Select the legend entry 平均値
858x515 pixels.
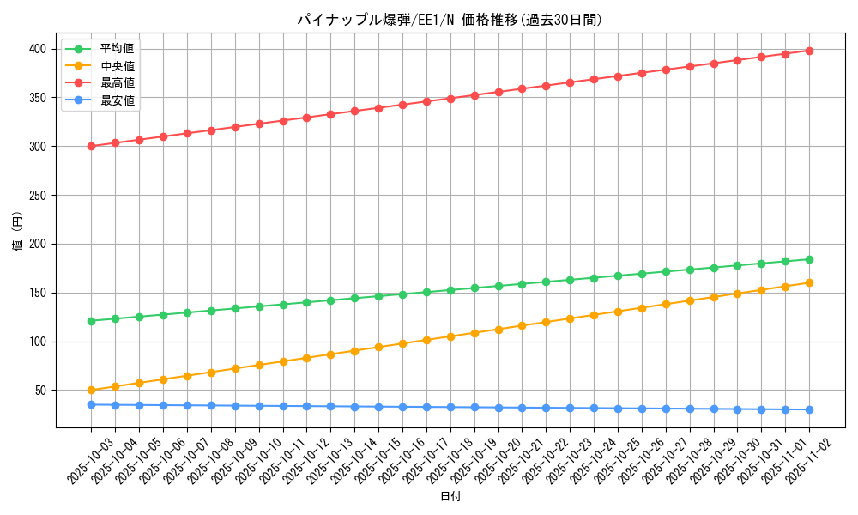click(117, 49)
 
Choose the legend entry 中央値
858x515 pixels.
click(117, 66)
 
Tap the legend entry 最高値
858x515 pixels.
click(117, 83)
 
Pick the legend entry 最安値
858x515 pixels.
click(117, 100)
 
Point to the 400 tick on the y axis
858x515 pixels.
click(39, 49)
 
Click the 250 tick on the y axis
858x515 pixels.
click(39, 196)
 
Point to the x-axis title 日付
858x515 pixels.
click(450, 497)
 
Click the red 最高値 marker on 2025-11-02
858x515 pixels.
click(809, 51)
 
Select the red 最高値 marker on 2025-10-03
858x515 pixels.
click(91, 146)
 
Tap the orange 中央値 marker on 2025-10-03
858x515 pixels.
click(91, 391)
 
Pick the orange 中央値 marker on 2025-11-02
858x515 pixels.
click(809, 282)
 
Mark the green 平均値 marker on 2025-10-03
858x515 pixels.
click(91, 321)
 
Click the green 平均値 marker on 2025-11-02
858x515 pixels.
click(809, 259)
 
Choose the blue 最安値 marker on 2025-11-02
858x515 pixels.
click(809, 409)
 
